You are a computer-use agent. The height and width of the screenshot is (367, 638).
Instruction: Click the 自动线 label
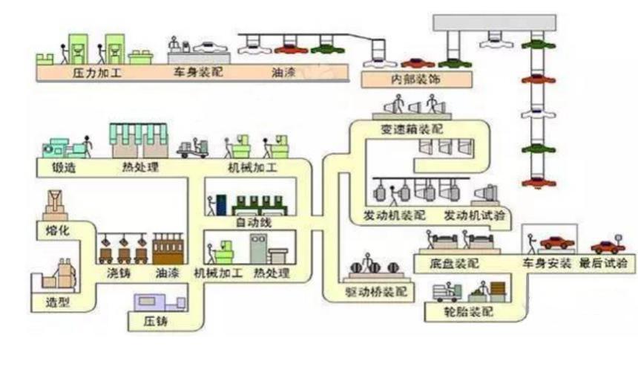point(250,222)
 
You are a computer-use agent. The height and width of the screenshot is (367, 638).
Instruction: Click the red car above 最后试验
point(608,247)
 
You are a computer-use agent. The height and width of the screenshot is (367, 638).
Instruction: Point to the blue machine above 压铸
point(159,301)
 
